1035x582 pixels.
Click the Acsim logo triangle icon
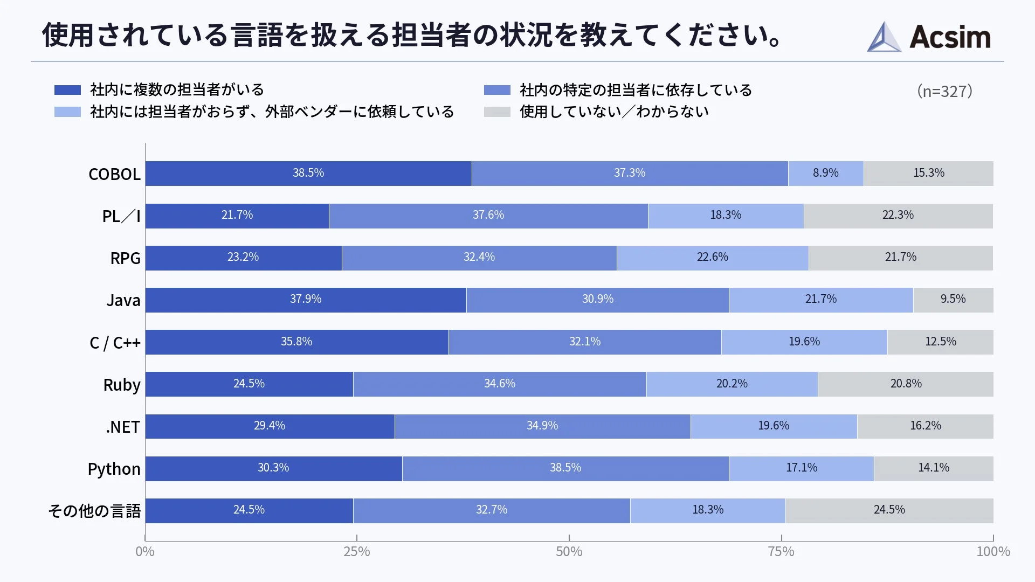pos(884,38)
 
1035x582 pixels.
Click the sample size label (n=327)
pos(944,91)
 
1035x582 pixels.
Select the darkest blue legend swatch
pos(67,90)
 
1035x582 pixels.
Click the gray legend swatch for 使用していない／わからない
pos(496,112)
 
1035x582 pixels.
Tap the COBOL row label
pos(114,174)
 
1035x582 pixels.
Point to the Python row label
pos(114,469)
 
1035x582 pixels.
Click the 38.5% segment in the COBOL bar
pos(308,174)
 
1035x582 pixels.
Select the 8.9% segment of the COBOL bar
pos(825,174)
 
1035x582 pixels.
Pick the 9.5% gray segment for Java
pos(953,300)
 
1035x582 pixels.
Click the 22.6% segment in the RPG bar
pos(712,258)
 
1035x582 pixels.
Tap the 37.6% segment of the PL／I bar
pos(488,216)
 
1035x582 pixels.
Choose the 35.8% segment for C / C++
pos(296,342)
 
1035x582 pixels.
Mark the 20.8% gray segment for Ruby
pos(906,384)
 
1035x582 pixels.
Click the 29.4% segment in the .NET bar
pos(270,426)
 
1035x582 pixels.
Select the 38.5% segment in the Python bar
pos(565,468)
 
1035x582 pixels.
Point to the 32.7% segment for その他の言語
pos(491,510)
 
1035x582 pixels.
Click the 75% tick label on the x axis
pos(781,551)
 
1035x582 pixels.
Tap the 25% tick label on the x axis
pos(357,551)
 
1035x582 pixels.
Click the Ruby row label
pos(122,385)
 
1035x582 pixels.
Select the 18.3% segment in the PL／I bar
pos(726,216)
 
